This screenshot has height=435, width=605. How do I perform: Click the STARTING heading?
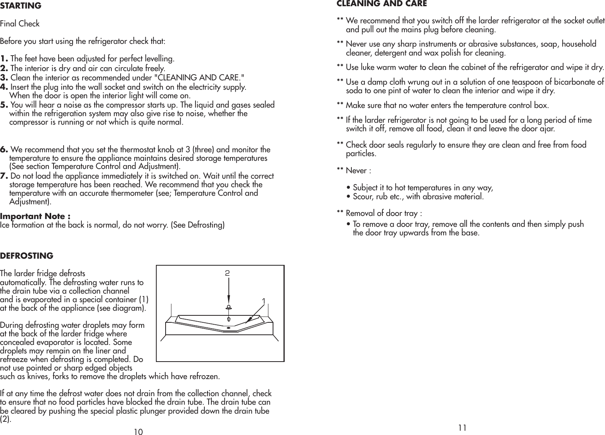[21, 6]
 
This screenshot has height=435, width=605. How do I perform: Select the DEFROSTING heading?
[26, 256]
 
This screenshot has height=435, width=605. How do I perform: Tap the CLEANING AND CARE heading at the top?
[382, 4]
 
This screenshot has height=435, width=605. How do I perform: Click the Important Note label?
[35, 216]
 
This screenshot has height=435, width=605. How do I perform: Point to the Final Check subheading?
[20, 24]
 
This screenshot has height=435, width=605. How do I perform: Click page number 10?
[138, 432]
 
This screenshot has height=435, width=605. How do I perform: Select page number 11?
[462, 428]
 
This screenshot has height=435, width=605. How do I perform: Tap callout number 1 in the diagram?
[264, 301]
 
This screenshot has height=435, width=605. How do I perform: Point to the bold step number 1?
[5, 59]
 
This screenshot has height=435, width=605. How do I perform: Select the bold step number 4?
[5, 87]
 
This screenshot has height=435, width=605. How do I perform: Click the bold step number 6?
[5, 150]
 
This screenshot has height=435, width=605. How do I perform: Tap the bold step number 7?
[5, 176]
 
